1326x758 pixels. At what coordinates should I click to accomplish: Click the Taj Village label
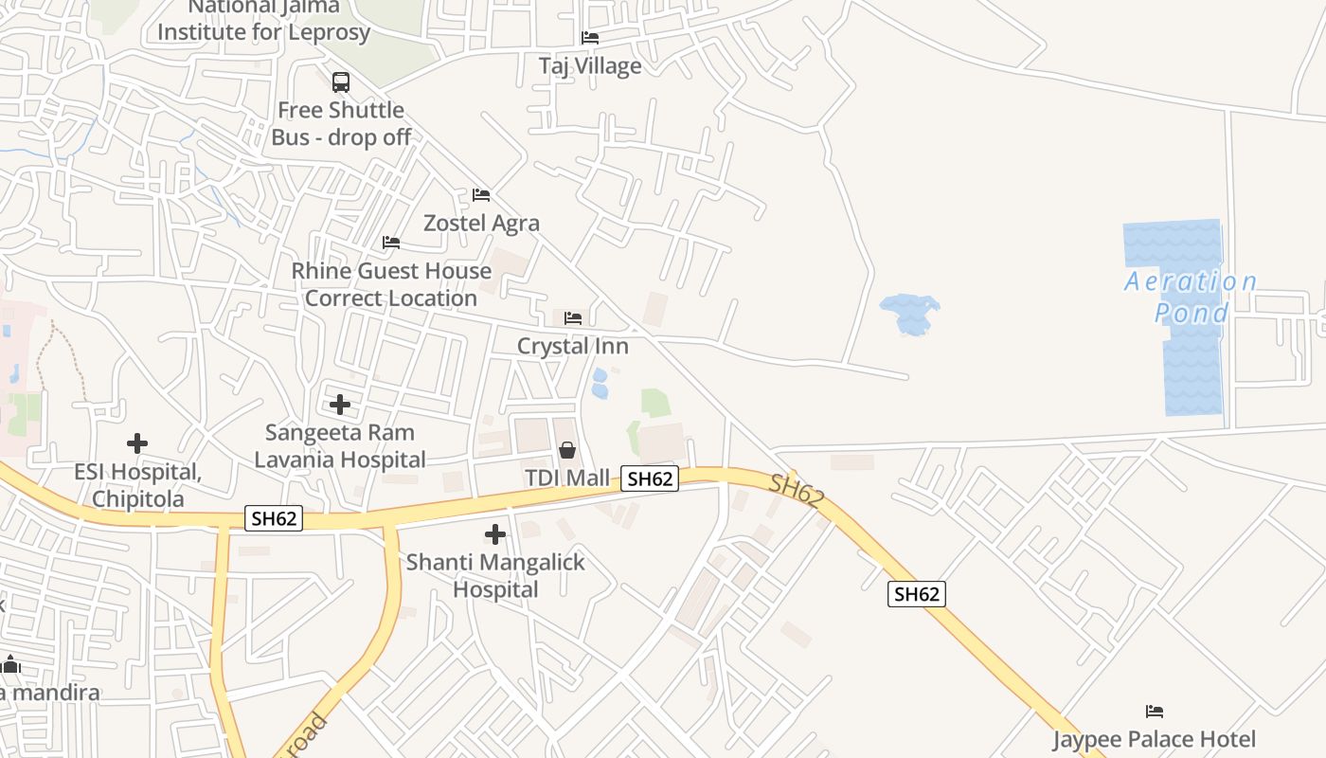(x=590, y=65)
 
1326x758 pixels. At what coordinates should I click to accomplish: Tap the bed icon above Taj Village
(x=590, y=38)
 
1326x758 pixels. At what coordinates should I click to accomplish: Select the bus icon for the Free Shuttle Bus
(x=341, y=82)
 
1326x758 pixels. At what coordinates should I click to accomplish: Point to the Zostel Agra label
(x=481, y=223)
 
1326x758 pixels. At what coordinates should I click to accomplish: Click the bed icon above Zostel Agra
(x=481, y=195)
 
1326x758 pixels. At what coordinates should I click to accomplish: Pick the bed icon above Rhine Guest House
(x=391, y=243)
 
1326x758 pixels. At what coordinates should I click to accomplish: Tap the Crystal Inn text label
(x=572, y=346)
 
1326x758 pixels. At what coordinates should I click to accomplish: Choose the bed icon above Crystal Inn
(x=572, y=318)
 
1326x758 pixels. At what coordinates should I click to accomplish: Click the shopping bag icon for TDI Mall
(x=566, y=450)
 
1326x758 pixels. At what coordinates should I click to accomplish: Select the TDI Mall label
(x=567, y=478)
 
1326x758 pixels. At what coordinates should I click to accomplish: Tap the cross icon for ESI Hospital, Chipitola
(x=137, y=443)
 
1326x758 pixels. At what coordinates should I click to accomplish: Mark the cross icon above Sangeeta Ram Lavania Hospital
(x=340, y=406)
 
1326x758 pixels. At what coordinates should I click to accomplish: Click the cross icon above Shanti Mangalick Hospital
(x=494, y=534)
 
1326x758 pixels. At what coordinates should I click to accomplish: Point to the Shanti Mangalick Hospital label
(x=495, y=575)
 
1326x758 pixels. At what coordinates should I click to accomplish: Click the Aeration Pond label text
(x=1192, y=297)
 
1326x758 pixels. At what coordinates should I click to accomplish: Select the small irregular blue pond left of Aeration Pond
(x=909, y=314)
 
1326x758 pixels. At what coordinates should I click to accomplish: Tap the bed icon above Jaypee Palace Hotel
(x=1155, y=712)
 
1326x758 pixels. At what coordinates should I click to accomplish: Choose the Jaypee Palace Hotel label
(x=1155, y=739)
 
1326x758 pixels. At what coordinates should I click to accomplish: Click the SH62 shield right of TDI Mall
(x=650, y=478)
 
